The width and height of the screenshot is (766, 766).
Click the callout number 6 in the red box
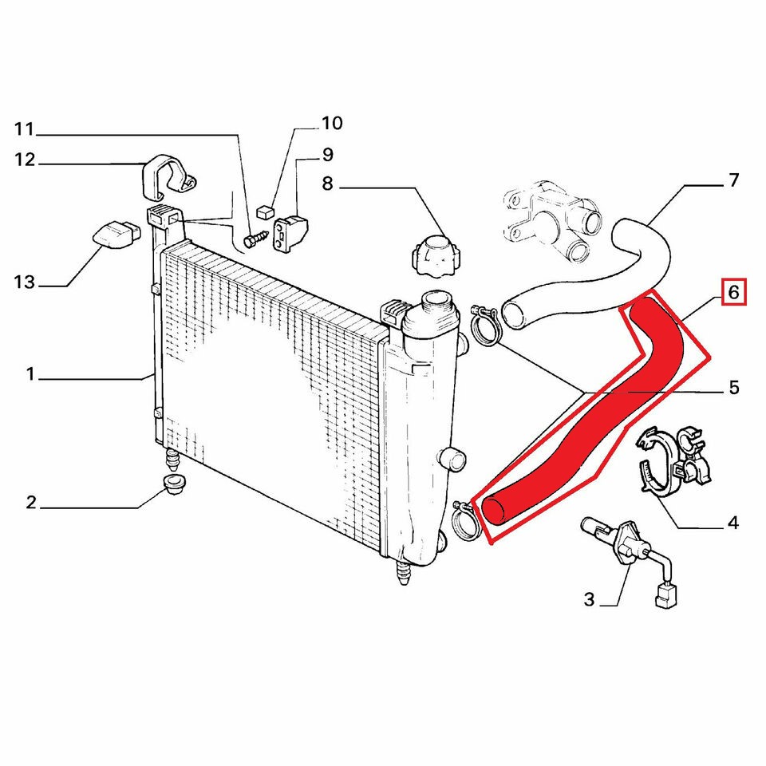[x=733, y=292]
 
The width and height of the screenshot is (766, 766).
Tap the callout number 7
[x=733, y=180]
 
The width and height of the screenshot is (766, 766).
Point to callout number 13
[x=25, y=282]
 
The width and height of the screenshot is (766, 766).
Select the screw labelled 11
[x=255, y=239]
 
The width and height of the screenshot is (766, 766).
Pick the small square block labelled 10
[x=264, y=211]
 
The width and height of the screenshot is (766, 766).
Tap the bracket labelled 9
[x=290, y=232]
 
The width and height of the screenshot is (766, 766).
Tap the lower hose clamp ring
[x=464, y=522]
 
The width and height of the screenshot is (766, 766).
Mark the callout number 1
[x=30, y=374]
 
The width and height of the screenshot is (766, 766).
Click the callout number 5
[x=734, y=388]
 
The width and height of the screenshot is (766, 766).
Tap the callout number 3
[x=589, y=599]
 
